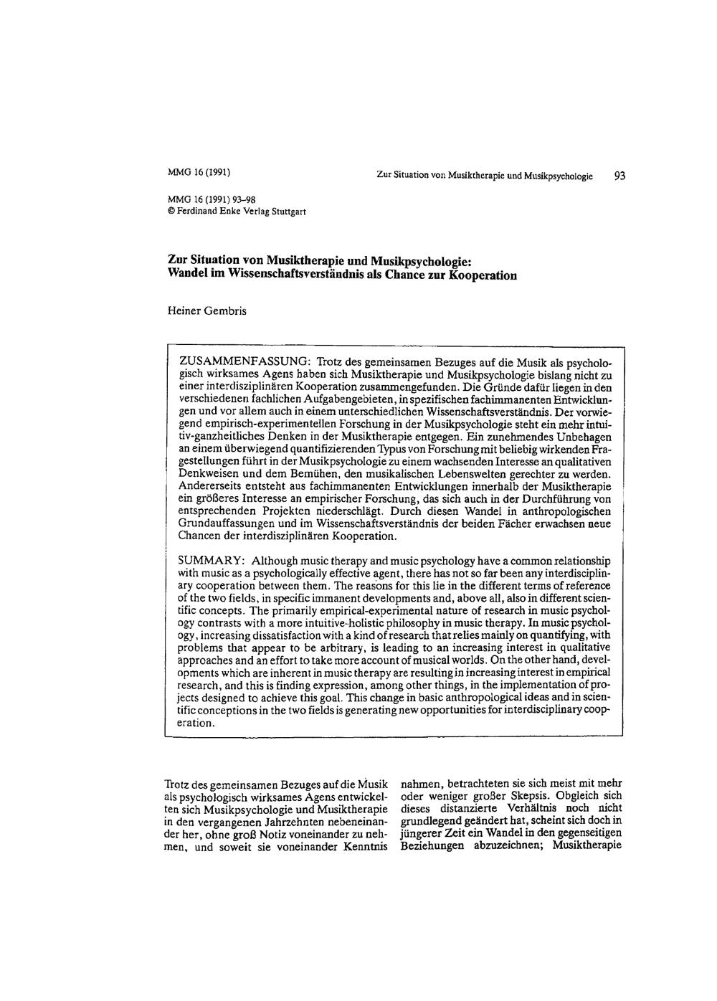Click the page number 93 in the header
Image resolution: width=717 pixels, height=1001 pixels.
coord(619,176)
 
